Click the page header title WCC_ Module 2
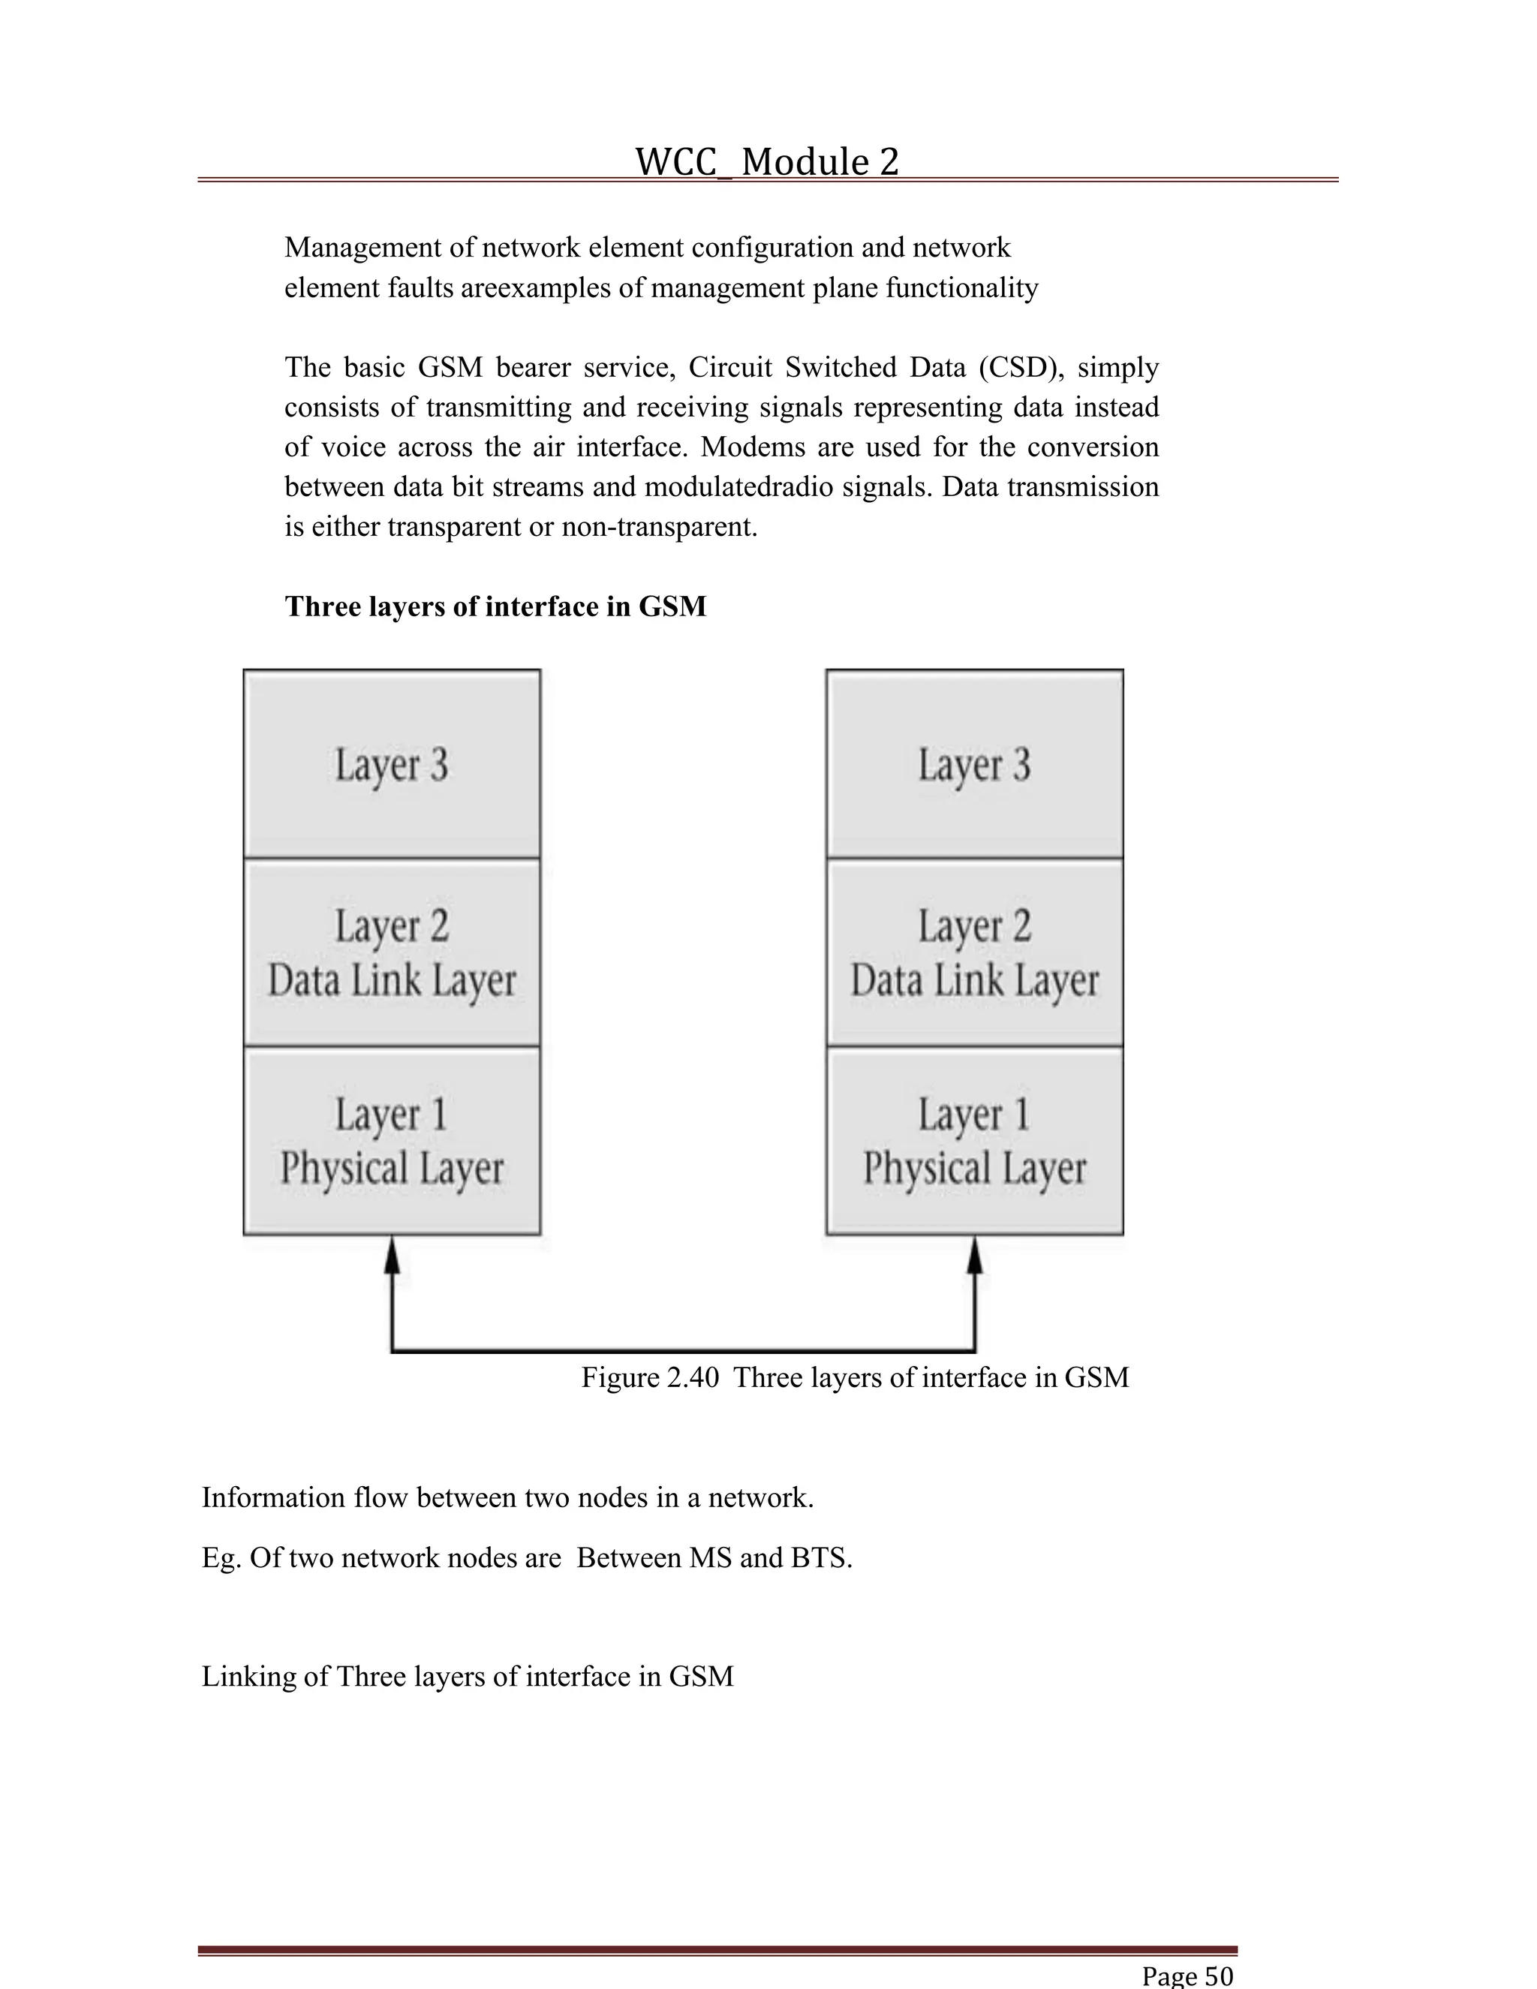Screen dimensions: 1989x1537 tap(767, 162)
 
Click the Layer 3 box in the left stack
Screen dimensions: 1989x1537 tap(392, 763)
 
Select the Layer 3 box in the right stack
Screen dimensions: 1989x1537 tap(974, 763)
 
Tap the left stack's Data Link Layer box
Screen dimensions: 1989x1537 tap(392, 952)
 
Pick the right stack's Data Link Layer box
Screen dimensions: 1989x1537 tap(974, 952)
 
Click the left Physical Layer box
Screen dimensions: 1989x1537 tap(392, 1140)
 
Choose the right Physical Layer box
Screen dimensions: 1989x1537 tap(974, 1140)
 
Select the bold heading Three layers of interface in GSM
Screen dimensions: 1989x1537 tap(495, 606)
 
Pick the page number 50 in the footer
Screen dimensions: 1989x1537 tap(1218, 1975)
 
